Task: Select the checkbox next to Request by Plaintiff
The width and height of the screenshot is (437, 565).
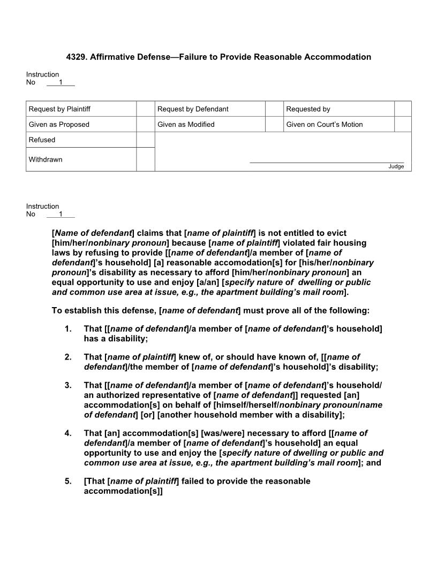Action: pyautogui.click(x=145, y=109)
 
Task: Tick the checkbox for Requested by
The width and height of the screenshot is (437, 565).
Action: pyautogui.click(x=403, y=109)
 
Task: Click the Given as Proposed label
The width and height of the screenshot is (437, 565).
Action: pyautogui.click(x=59, y=125)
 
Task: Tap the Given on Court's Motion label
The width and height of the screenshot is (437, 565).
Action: pyautogui.click(x=324, y=125)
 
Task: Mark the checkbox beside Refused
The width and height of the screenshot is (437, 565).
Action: pyautogui.click(x=145, y=140)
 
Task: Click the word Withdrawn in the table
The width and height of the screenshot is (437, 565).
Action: pyautogui.click(x=46, y=159)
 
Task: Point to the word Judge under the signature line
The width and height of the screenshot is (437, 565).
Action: pyautogui.click(x=396, y=166)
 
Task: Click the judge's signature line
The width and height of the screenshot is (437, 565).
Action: pyautogui.click(x=327, y=162)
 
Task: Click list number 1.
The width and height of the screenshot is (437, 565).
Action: pyautogui.click(x=68, y=329)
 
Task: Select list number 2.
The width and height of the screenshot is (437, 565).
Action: pyautogui.click(x=68, y=357)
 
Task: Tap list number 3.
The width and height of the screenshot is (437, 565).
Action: pyautogui.click(x=68, y=385)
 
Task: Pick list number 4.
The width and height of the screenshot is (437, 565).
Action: pyautogui.click(x=68, y=433)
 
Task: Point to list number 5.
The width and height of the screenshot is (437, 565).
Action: pyautogui.click(x=68, y=481)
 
